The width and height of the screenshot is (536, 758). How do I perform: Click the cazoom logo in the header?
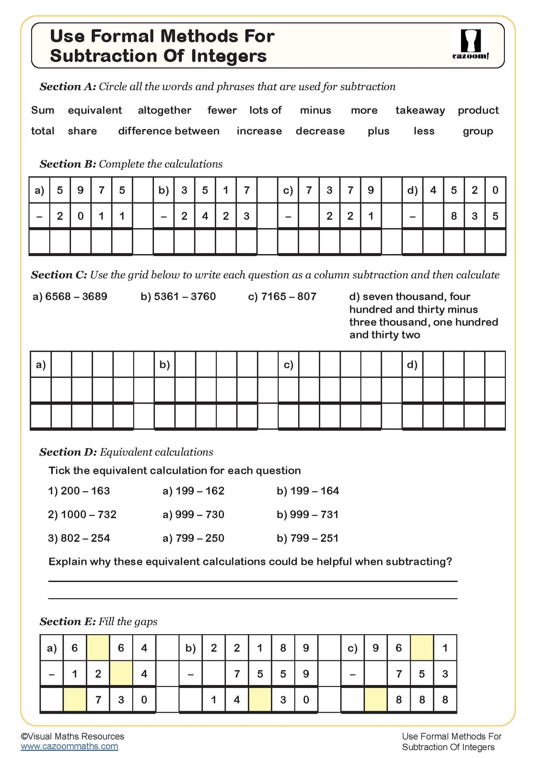pyautogui.click(x=470, y=44)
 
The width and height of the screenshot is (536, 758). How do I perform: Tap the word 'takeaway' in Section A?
pyautogui.click(x=420, y=111)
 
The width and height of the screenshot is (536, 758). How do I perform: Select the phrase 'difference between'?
pyautogui.click(x=169, y=131)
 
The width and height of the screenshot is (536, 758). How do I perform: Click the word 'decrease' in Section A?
pyautogui.click(x=320, y=131)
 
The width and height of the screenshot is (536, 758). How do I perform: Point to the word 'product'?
pyautogui.click(x=478, y=111)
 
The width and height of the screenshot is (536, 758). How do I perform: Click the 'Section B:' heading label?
pyautogui.click(x=68, y=164)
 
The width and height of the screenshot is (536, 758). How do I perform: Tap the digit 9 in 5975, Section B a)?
pyautogui.click(x=80, y=190)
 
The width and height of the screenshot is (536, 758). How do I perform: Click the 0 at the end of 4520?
pyautogui.click(x=495, y=190)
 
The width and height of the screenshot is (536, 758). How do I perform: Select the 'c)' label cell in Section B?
pyautogui.click(x=288, y=190)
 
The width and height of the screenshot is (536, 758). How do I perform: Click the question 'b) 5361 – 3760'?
pyautogui.click(x=178, y=297)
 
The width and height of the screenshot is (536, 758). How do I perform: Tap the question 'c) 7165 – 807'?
pyautogui.click(x=282, y=297)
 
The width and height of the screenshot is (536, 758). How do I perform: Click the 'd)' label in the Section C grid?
pyautogui.click(x=412, y=365)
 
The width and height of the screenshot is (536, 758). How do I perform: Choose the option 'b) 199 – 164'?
pyautogui.click(x=307, y=491)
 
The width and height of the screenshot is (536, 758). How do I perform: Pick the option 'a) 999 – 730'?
pyautogui.click(x=193, y=515)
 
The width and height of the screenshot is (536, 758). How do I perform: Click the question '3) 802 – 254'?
pyautogui.click(x=79, y=538)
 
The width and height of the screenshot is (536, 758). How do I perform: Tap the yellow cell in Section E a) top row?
pyautogui.click(x=98, y=648)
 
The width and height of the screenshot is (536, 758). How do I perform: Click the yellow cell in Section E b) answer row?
pyautogui.click(x=260, y=700)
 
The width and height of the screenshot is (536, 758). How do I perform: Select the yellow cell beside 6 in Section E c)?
pyautogui.click(x=421, y=648)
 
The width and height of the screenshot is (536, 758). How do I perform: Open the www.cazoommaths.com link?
pyautogui.click(x=70, y=747)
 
